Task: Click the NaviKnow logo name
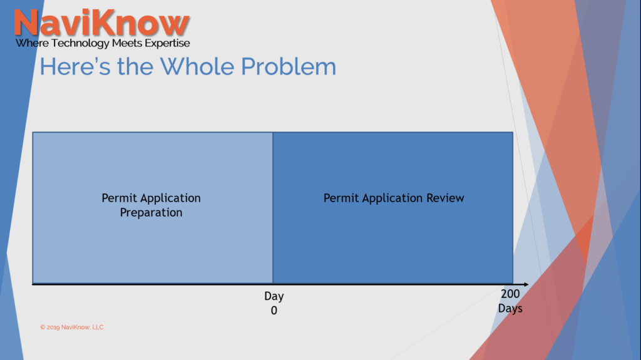[x=102, y=23]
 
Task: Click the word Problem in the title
[x=289, y=66]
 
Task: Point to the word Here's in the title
[x=75, y=66]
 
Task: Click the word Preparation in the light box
[x=151, y=213]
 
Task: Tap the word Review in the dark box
[x=445, y=198]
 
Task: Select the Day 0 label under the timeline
[x=274, y=303]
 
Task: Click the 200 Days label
[x=510, y=301]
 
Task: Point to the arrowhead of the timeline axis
[x=525, y=284]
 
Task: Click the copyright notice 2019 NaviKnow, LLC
[x=72, y=327]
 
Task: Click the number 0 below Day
[x=274, y=311]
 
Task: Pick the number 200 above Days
[x=510, y=294]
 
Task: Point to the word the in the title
[x=135, y=66]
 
